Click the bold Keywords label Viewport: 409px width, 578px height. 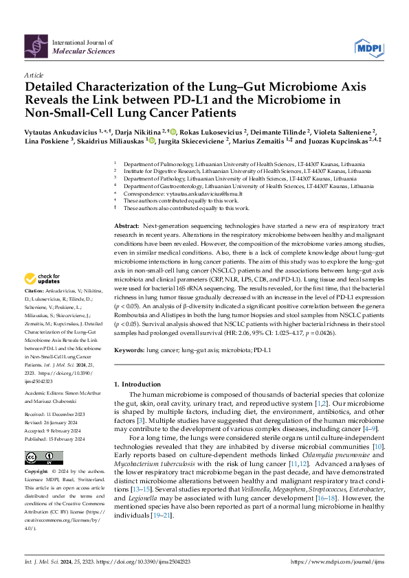[129, 350]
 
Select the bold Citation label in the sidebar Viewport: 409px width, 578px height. [35, 310]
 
